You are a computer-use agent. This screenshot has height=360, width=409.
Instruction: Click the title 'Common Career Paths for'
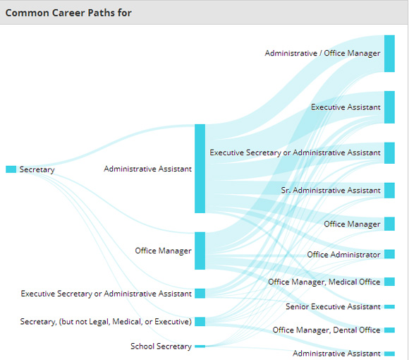point(68,13)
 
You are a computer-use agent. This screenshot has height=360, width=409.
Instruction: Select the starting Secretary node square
point(11,169)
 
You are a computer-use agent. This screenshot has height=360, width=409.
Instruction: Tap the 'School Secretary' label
point(161,346)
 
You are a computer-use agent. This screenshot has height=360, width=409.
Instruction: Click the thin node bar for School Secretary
point(200,347)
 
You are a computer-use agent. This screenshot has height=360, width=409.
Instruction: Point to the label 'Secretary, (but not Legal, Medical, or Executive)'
point(106,321)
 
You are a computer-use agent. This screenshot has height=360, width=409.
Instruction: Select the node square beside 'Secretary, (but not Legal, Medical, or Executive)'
point(200,321)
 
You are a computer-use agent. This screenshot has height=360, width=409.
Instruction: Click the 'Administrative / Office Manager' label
point(322,53)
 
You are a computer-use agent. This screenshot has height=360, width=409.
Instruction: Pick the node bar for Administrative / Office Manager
point(389,54)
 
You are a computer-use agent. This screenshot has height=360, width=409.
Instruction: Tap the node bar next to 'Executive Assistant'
point(389,107)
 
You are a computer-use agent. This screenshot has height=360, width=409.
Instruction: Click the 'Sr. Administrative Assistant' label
point(331,191)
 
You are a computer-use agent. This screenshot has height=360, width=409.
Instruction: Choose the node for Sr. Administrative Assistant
point(389,191)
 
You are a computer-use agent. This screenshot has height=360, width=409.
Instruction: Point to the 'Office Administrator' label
point(343,255)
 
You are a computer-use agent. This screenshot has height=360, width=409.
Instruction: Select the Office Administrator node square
point(389,254)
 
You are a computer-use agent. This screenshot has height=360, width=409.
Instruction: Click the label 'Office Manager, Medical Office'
point(324,282)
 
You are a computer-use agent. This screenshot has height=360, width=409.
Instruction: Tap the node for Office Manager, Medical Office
point(389,282)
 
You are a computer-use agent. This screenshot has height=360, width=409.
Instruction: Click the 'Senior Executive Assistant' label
point(333,306)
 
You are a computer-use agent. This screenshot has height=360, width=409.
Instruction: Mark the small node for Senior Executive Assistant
point(389,307)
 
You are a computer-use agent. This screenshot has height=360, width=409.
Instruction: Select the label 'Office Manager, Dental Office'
point(326,330)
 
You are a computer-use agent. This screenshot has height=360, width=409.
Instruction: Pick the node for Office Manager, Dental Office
point(389,330)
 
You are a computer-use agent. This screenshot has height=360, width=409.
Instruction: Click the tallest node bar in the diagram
point(200,169)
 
